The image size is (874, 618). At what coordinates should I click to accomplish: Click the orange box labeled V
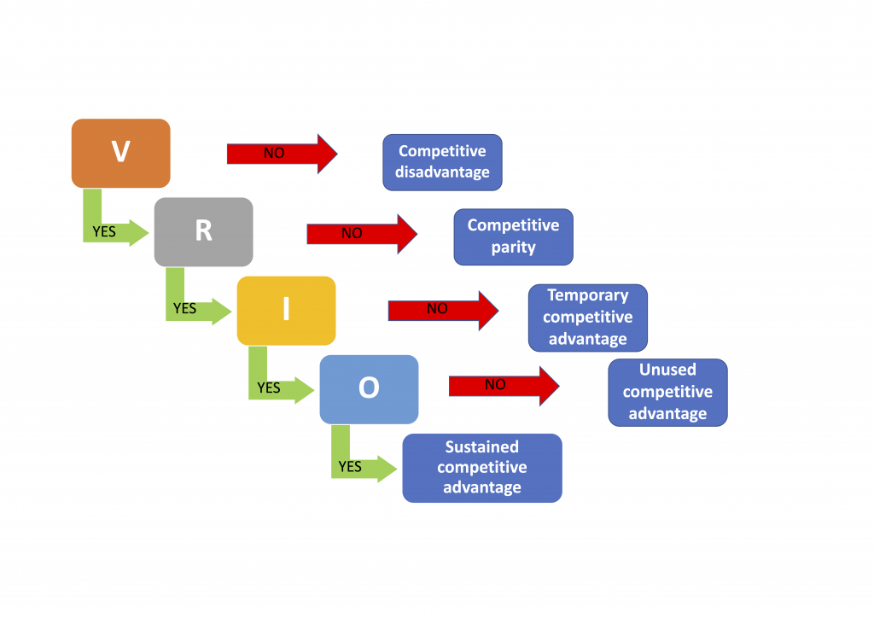(120, 153)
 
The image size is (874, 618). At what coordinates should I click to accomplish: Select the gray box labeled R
(203, 231)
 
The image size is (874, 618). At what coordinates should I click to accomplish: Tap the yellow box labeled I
(286, 310)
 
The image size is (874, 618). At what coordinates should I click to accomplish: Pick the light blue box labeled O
(369, 388)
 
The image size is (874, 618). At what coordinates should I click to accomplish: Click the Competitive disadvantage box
(442, 161)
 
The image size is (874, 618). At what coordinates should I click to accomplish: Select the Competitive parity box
(513, 236)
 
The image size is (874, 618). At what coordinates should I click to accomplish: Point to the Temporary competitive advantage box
(587, 318)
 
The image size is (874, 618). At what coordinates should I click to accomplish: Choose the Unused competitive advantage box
(667, 392)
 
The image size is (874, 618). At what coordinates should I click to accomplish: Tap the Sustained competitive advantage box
(482, 468)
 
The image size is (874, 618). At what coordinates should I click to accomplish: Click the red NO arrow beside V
(282, 154)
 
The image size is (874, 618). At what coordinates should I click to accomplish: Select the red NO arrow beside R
(362, 233)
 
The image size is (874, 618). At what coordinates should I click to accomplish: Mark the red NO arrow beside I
(443, 310)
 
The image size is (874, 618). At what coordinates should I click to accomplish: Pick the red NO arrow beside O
(504, 386)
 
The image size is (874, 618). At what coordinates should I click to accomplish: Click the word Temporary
(587, 295)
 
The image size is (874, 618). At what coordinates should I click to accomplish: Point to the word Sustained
(482, 446)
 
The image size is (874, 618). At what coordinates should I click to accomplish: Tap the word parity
(513, 248)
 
